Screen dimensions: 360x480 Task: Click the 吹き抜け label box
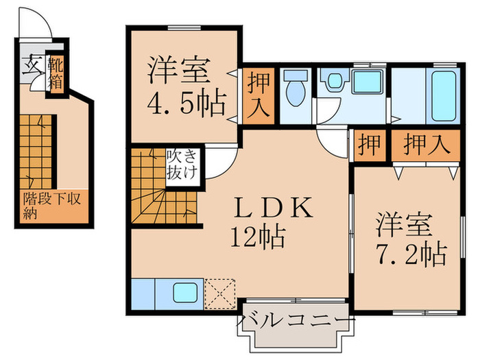[182, 165]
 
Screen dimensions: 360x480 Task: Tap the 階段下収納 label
[51, 205]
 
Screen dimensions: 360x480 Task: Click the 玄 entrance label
[32, 68]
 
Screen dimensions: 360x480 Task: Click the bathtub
[444, 94]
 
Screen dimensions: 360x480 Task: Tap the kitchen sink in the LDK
[186, 293]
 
